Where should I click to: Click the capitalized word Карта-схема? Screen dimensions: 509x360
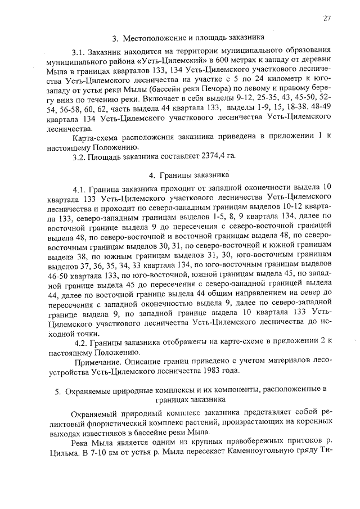97,137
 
